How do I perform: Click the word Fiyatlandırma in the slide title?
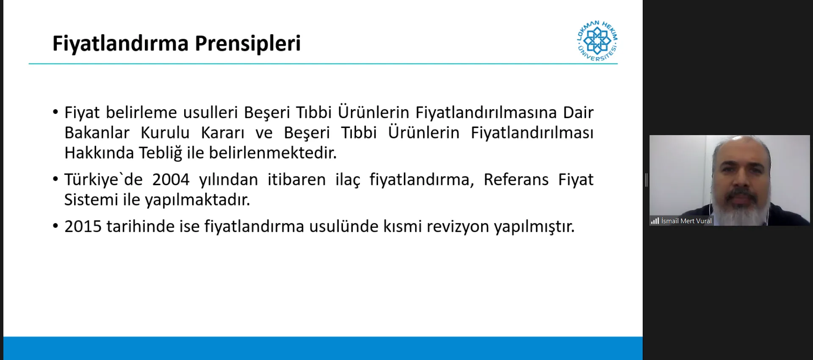coord(120,44)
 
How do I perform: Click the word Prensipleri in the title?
coord(248,44)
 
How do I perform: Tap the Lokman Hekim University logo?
coord(597,41)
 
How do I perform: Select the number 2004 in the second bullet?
coord(171,180)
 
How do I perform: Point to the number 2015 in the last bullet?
coord(83,227)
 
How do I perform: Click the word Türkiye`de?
coord(103,180)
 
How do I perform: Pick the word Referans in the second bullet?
coord(516,180)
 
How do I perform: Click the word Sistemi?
coord(91,199)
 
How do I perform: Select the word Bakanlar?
coord(97,133)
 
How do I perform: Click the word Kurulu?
coord(165,133)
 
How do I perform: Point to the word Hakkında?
coord(99,153)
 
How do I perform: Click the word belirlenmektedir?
coord(273,153)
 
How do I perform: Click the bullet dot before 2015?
coord(55,227)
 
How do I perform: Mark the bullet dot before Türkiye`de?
coord(55,180)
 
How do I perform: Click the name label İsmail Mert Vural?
coord(686,221)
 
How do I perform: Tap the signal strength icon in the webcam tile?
coord(655,221)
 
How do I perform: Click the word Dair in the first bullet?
coord(578,113)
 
